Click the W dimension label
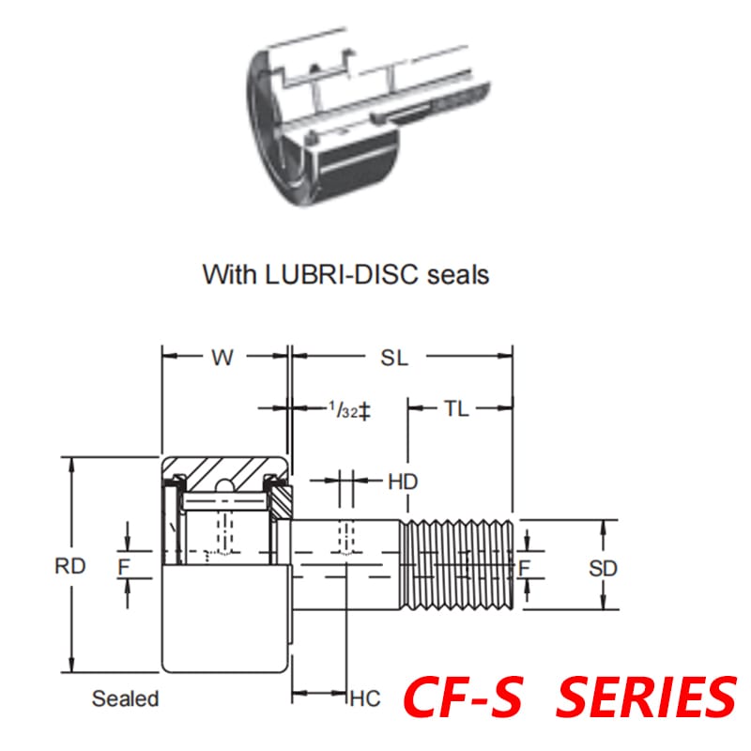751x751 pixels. click(x=222, y=358)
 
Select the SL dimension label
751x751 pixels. click(x=394, y=358)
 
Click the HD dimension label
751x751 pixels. click(x=403, y=482)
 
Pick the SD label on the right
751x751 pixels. click(x=604, y=568)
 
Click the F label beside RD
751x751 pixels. click(x=123, y=566)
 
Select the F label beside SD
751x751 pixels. click(x=526, y=567)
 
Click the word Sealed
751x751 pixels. click(x=125, y=698)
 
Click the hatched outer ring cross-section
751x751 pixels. click(x=225, y=467)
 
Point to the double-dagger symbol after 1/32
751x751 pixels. click(x=366, y=410)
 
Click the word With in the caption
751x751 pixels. click(x=229, y=274)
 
